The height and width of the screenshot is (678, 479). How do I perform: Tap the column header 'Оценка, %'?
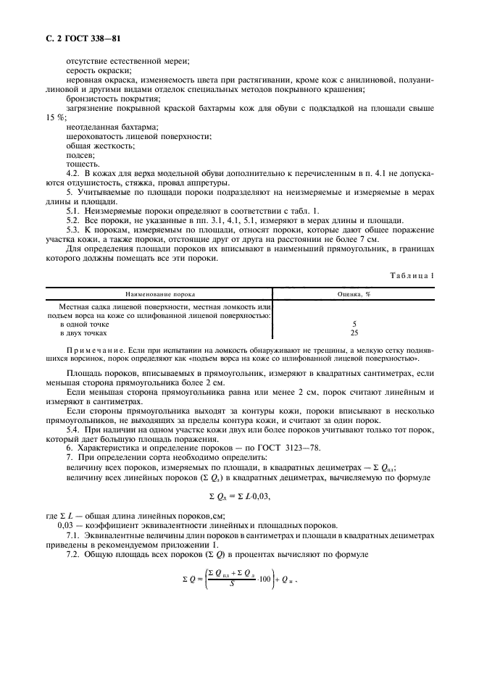tap(354, 295)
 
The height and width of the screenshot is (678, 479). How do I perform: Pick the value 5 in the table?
tap(354, 325)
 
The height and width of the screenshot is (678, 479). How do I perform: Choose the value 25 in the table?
tap(354, 333)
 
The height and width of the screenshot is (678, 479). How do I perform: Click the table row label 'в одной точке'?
tap(84, 325)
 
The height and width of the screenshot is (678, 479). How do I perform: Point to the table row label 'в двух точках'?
tap(85, 333)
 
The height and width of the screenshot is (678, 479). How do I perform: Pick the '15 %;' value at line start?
tap(56, 117)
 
